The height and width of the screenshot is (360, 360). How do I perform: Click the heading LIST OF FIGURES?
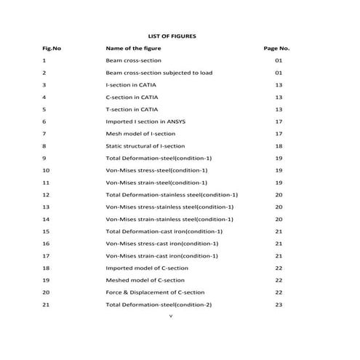pyautogui.click(x=172, y=35)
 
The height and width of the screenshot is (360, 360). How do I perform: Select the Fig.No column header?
pyautogui.click(x=52, y=48)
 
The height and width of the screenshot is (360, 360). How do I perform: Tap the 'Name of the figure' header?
pyautogui.click(x=134, y=48)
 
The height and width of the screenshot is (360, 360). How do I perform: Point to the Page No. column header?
pyautogui.click(x=277, y=48)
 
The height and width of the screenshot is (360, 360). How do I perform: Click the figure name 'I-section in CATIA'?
pyautogui.click(x=132, y=84)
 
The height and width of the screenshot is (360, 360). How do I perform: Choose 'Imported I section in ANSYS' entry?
pyautogui.click(x=145, y=121)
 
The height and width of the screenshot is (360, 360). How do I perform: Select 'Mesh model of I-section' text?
pyautogui.click(x=139, y=134)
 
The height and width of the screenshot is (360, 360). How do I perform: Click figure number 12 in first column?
pyautogui.click(x=46, y=194)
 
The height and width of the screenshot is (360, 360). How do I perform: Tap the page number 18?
pyautogui.click(x=279, y=145)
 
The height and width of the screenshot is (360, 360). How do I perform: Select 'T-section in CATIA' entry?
pyautogui.click(x=132, y=109)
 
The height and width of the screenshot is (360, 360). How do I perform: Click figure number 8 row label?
pyautogui.click(x=44, y=145)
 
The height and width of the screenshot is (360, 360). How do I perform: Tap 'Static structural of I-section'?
pyautogui.click(x=145, y=145)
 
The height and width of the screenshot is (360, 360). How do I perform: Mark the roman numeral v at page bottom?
pyautogui.click(x=169, y=316)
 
